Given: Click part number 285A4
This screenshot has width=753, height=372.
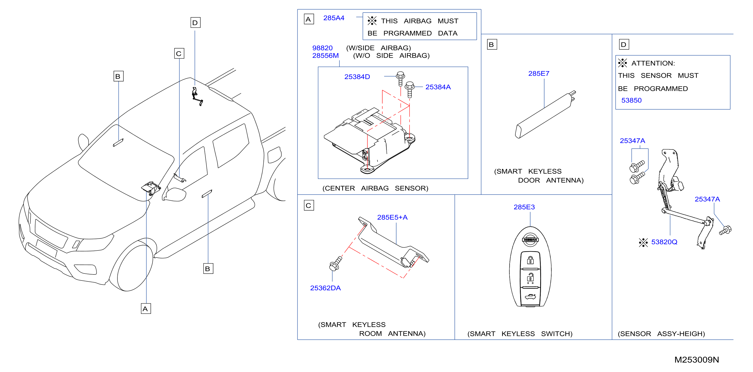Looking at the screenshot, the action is [333, 18].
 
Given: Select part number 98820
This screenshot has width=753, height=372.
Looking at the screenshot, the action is [322, 48].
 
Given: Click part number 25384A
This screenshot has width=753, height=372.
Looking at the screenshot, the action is [438, 87].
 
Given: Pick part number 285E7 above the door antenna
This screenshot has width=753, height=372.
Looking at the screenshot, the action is [538, 74].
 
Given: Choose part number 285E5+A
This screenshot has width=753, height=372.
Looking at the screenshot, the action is [392, 217].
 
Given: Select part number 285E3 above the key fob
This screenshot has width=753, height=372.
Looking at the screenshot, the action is [524, 207].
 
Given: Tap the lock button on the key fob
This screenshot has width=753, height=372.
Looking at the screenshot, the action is [530, 260].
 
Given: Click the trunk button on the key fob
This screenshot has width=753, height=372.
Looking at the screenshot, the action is [530, 297].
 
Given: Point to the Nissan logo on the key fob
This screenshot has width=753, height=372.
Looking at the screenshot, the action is [530, 239].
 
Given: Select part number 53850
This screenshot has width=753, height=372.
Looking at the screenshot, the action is [631, 101].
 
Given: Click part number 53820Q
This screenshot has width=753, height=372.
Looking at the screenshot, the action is [664, 242].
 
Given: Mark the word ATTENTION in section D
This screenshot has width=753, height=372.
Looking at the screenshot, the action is [653, 63].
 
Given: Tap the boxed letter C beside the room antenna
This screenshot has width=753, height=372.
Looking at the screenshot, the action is [309, 205].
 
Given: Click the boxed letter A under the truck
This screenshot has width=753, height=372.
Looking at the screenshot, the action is [146, 309].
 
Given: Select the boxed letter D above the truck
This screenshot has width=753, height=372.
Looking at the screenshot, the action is [195, 23].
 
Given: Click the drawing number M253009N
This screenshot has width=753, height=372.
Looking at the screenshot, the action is [696, 360].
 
